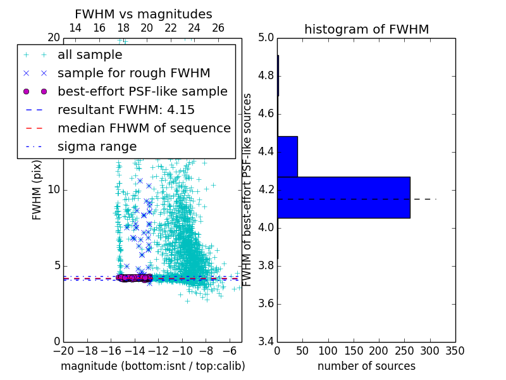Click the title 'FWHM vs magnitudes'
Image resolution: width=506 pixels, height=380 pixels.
(144, 14)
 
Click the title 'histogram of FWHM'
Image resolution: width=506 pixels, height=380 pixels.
(366, 29)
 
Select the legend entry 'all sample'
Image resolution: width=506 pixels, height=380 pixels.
(90, 55)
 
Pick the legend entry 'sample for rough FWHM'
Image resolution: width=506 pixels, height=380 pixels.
(133, 73)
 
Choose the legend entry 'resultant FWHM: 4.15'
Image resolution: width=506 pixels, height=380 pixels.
(126, 110)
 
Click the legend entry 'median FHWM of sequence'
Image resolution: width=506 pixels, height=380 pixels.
(144, 129)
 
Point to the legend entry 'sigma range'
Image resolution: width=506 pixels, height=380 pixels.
(97, 147)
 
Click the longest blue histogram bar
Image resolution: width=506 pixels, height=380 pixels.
(343, 197)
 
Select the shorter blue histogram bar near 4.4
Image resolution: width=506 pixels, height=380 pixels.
(287, 156)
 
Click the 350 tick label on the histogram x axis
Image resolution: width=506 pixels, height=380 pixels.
(455, 351)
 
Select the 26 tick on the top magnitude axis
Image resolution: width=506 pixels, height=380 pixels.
(218, 28)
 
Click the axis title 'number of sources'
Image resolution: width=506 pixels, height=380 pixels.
(366, 366)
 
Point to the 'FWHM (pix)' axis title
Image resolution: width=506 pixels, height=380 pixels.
(37, 190)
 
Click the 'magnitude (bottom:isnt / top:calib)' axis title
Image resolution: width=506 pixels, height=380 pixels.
(152, 366)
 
